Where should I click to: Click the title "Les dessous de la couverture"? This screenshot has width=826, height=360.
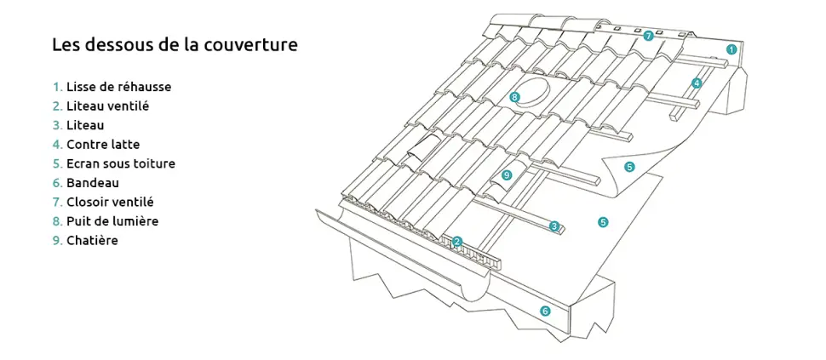coord(175,45)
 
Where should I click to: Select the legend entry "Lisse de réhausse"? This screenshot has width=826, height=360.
coord(118,87)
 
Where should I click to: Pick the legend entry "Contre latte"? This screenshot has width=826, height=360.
coord(102,145)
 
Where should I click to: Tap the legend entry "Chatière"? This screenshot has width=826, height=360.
coord(92,241)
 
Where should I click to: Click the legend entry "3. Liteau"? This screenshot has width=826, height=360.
coord(85,125)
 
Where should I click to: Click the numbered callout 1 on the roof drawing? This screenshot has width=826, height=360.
coord(731,49)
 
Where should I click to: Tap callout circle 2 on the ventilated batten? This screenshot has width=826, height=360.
coord(457,242)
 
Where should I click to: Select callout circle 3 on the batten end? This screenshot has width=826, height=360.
coord(554,226)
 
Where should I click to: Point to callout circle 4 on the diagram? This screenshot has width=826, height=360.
coord(697,83)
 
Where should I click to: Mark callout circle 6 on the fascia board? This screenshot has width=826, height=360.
coord(545,311)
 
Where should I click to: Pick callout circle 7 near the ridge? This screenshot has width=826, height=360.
coord(648,36)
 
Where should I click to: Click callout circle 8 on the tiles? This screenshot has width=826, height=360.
coord(514,97)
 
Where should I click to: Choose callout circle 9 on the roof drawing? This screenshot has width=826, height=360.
coord(507,174)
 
